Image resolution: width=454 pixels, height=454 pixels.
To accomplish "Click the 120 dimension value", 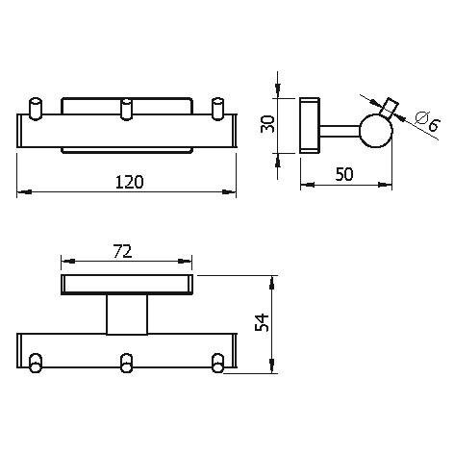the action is pos(129,182).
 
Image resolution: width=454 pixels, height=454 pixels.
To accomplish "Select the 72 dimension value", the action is pos(122,251).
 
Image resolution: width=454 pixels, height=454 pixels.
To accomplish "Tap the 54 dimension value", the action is pos(262,322).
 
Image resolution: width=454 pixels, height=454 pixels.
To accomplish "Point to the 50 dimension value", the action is pos(344,174).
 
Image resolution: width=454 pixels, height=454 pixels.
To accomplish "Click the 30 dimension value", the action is pos(267,124).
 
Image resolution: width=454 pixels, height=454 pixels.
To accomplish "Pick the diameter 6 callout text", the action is pos(428,121).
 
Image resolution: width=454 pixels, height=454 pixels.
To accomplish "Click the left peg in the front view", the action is pos(36,109).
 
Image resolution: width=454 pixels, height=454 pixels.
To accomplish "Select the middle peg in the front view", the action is pos(126,109).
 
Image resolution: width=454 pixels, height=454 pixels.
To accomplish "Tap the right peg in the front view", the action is pos(218,109).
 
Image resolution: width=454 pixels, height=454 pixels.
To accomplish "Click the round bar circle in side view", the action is pos(377,131).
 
